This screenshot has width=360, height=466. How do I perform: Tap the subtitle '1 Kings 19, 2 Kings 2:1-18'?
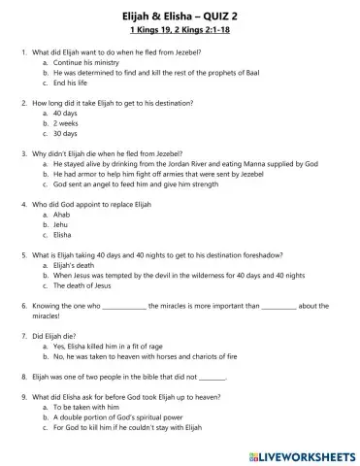pyautogui.click(x=180, y=27)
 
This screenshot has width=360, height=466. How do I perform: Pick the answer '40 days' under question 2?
pyautogui.click(x=67, y=114)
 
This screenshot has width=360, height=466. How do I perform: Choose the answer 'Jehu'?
pyautogui.click(x=63, y=223)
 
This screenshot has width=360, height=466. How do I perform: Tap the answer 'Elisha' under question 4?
pyautogui.click(x=64, y=235)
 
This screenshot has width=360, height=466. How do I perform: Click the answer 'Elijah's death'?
pyautogui.click(x=78, y=264)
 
